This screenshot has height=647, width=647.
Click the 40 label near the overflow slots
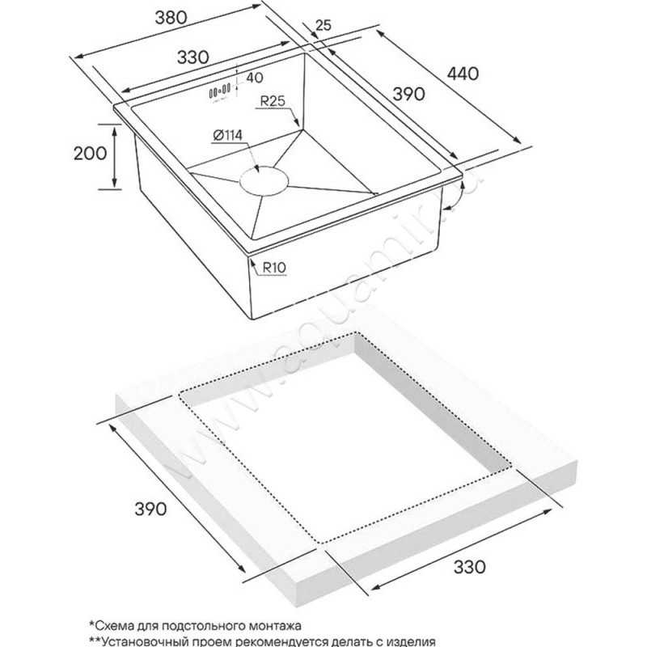(x=255, y=77)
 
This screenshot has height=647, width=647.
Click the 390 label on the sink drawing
(x=409, y=94)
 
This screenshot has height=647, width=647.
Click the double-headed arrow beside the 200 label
(x=113, y=157)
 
